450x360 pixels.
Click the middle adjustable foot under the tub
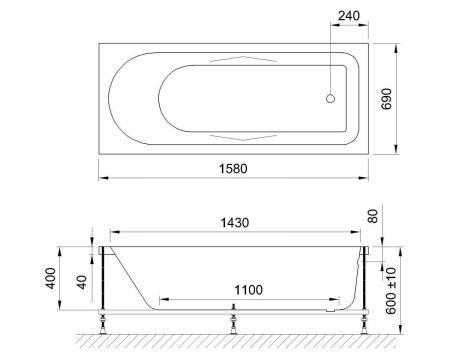point(234,322)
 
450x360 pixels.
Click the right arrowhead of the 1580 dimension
point(370,180)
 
